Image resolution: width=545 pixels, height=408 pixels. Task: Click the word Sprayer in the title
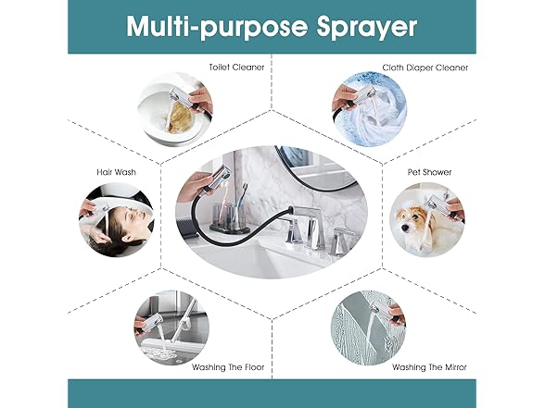366,28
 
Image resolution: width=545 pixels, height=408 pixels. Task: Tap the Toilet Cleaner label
236,67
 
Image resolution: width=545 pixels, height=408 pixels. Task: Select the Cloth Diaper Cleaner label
425,68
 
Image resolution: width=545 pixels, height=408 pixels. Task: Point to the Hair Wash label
116,172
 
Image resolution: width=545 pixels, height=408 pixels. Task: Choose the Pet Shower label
429,172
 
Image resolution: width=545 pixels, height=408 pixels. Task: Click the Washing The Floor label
228,367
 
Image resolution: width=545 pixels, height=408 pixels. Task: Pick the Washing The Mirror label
429,367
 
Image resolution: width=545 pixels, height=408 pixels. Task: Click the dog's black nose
404,228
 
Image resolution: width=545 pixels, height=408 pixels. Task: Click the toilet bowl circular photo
175,109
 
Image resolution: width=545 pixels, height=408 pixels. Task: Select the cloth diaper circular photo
369,109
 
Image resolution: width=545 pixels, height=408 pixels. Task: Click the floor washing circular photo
171,328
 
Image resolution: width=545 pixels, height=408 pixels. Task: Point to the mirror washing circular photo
369,328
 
